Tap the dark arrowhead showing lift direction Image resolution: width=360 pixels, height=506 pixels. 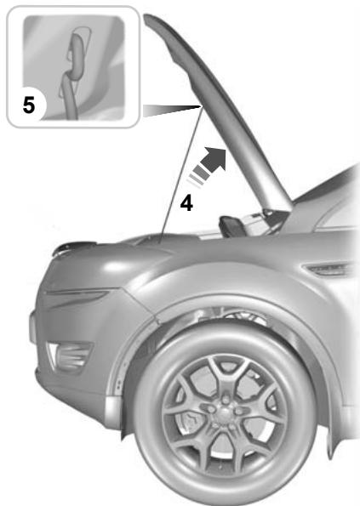(216, 159)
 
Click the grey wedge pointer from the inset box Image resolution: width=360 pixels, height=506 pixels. (170, 110)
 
